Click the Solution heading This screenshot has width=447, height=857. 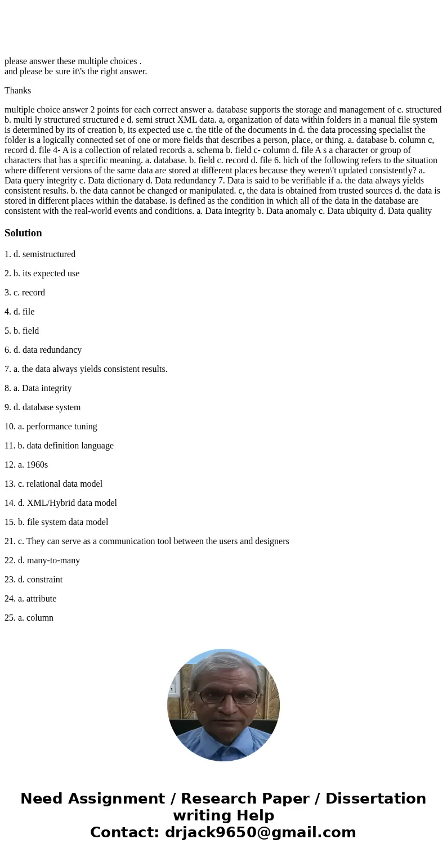coord(23,233)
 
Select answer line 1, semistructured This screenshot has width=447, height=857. coord(40,254)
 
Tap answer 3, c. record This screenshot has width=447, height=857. coord(25,293)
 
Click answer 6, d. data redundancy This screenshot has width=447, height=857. coord(43,350)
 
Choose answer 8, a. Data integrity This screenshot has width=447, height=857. coord(38,388)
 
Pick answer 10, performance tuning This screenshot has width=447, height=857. coord(51,427)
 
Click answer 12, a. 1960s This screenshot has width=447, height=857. coord(26,465)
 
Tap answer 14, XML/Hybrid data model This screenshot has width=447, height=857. coord(61,503)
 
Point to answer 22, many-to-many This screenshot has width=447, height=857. coord(42,560)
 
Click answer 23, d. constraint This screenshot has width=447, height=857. coord(34,580)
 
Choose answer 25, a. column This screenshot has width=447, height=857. coord(29,618)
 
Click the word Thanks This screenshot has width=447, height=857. coord(17,91)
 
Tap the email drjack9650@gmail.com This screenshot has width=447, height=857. coord(260,832)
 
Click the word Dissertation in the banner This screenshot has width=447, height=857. coord(376,798)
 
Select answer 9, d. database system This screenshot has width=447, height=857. coord(43,407)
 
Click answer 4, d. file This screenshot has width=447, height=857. coord(20,312)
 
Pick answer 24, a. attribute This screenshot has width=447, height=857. coord(30,599)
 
